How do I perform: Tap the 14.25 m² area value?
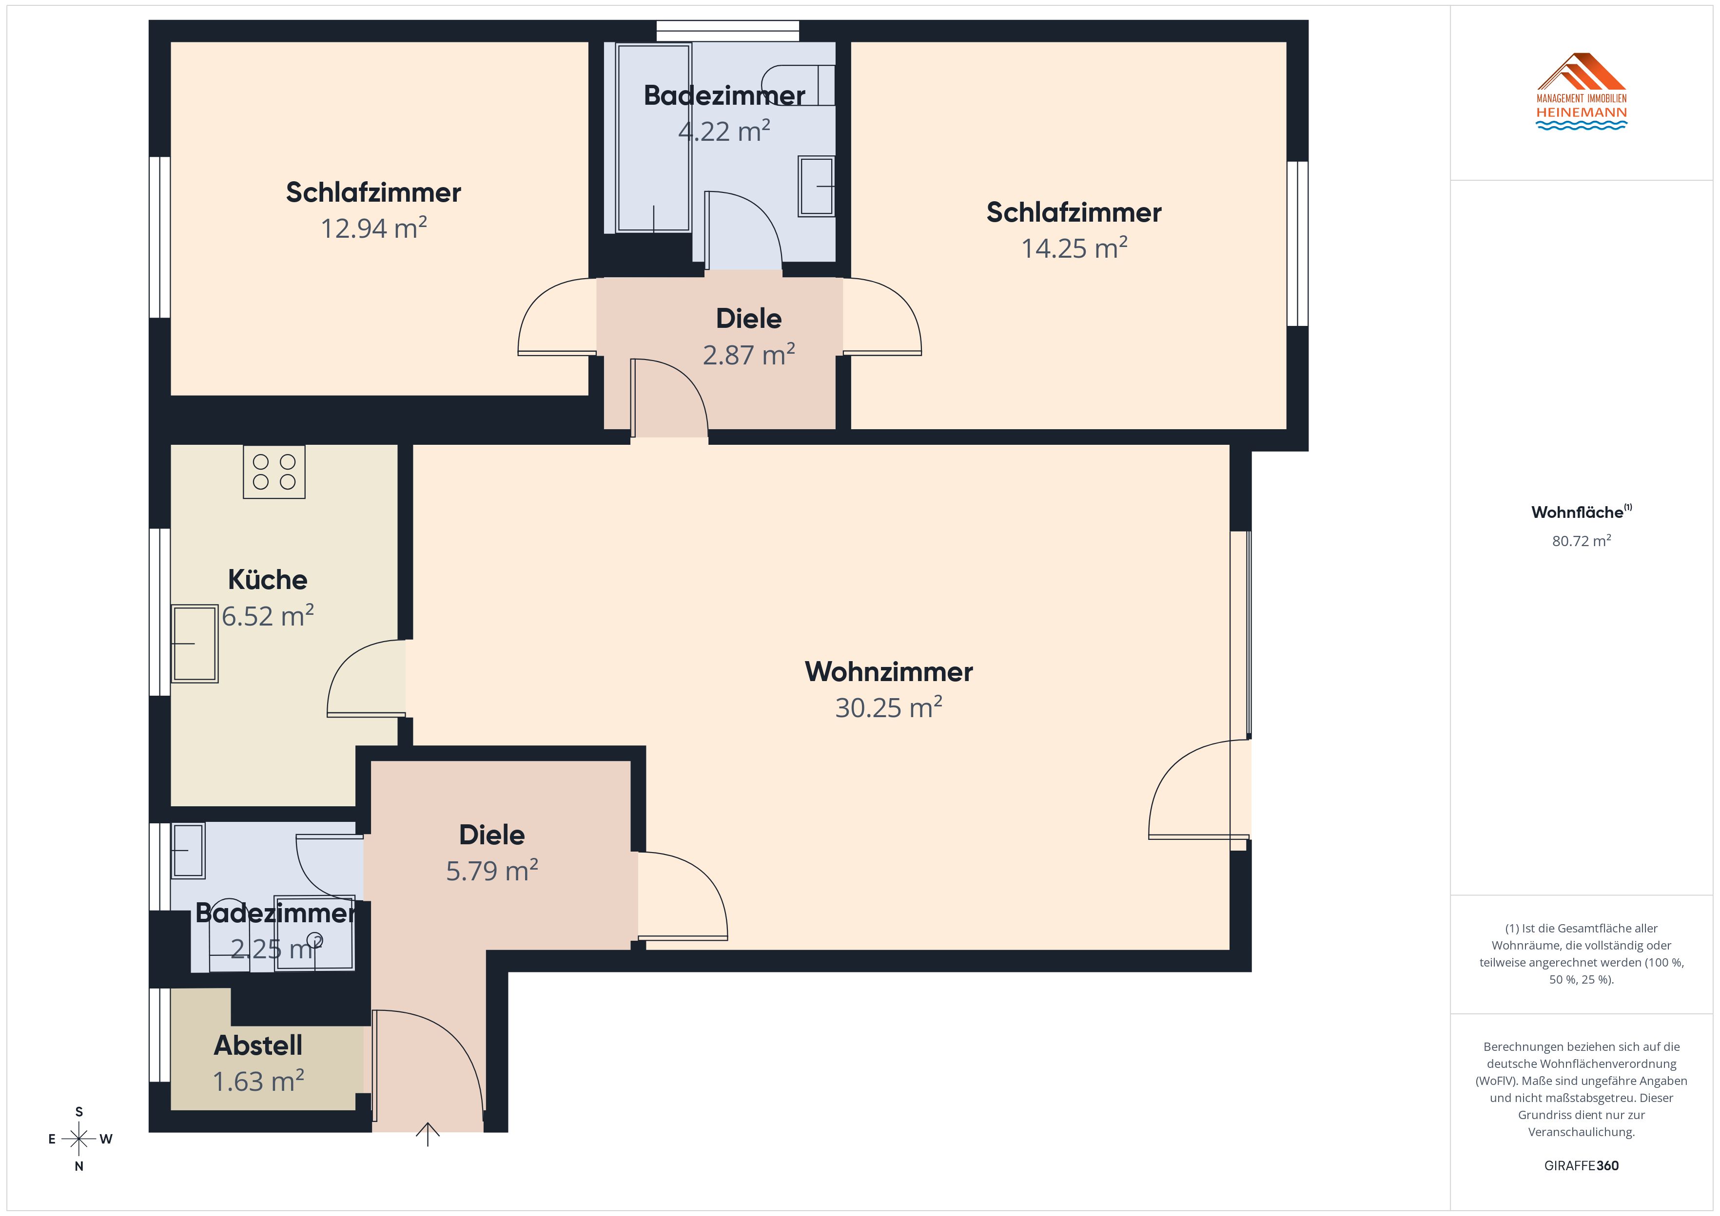pyautogui.click(x=1074, y=248)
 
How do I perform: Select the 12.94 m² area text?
pyautogui.click(x=374, y=228)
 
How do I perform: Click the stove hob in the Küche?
pyautogui.click(x=274, y=472)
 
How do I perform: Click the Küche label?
pyautogui.click(x=268, y=580)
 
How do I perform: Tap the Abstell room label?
pyautogui.click(x=258, y=1045)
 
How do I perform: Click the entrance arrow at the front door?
pyautogui.click(x=428, y=1134)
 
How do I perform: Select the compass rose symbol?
pyautogui.click(x=79, y=1139)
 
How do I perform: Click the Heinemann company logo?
pyautogui.click(x=1582, y=92)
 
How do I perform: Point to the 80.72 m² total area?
pyautogui.click(x=1582, y=541)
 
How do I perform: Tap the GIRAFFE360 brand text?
pyautogui.click(x=1582, y=1166)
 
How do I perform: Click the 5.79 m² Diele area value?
pyautogui.click(x=492, y=870)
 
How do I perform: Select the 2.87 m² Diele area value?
pyautogui.click(x=749, y=354)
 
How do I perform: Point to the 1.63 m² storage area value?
pyautogui.click(x=258, y=1081)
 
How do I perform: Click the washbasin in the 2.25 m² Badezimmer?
pyautogui.click(x=189, y=851)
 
